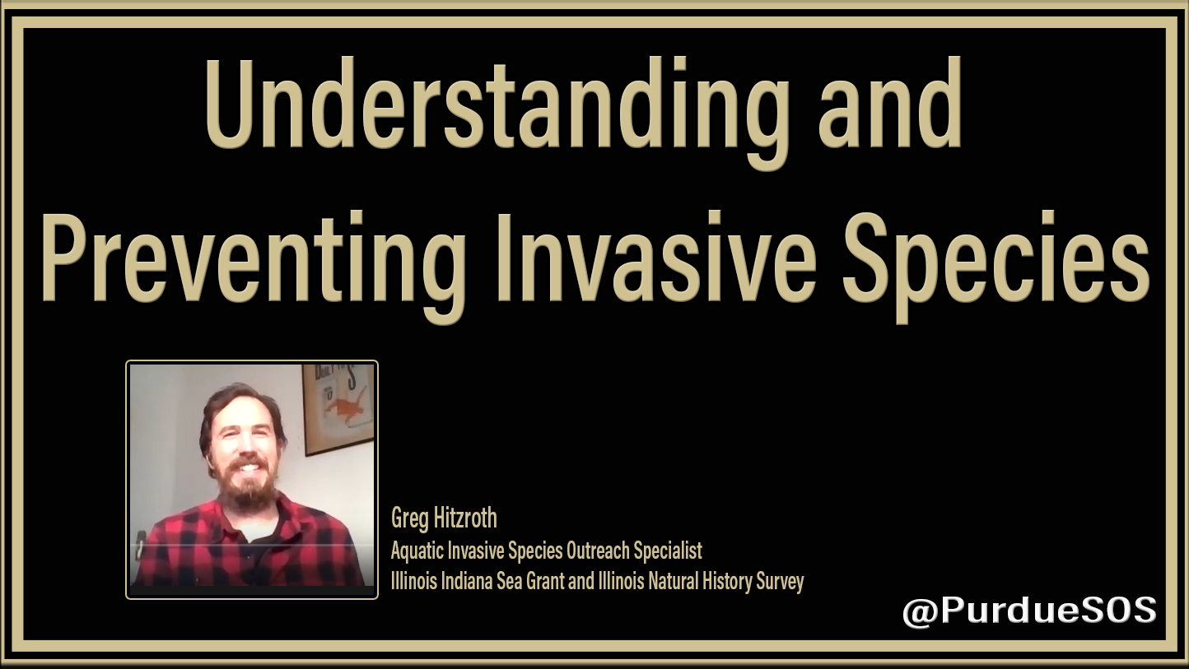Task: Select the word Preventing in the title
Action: [253, 266]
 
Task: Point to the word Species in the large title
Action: [996, 265]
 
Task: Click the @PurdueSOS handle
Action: [1029, 611]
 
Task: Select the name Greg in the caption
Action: [409, 519]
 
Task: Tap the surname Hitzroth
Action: [465, 518]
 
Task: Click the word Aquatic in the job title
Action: [417, 551]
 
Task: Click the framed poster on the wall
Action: [338, 408]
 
